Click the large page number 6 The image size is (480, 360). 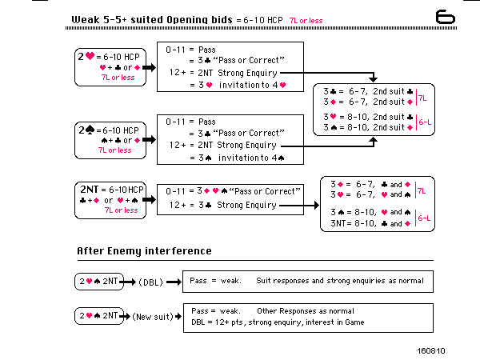[446, 17]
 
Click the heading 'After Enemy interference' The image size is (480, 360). [144, 251]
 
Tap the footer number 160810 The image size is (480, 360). [430, 350]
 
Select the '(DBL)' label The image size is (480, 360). [151, 282]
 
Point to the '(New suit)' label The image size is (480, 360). [154, 316]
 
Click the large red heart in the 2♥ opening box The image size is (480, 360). [90, 57]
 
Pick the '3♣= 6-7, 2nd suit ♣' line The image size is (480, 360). [366, 92]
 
